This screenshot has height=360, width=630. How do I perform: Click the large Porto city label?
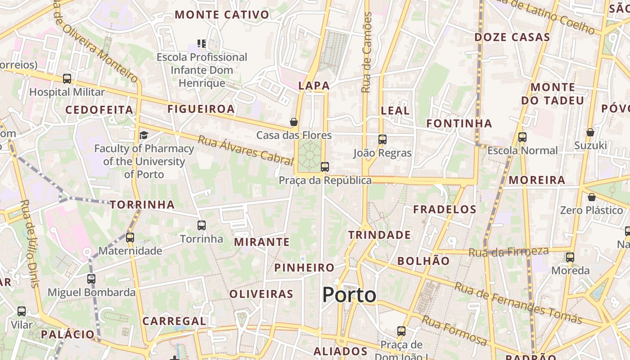pyautogui.click(x=349, y=295)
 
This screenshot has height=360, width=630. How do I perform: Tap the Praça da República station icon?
pyautogui.click(x=325, y=167)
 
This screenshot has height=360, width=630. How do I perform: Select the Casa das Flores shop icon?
pyautogui.click(x=294, y=122)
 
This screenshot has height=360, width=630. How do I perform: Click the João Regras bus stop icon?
pyautogui.click(x=382, y=139)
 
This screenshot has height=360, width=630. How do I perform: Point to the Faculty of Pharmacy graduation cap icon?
pyautogui.click(x=144, y=135)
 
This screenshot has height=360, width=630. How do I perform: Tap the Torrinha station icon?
pyautogui.click(x=202, y=225)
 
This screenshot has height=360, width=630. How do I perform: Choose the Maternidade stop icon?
pyautogui.click(x=130, y=237)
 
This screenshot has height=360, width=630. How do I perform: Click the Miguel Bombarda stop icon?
pyautogui.click(x=91, y=279)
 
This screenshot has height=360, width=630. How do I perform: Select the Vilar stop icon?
pyautogui.click(x=22, y=311)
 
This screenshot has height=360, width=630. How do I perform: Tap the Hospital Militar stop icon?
pyautogui.click(x=67, y=79)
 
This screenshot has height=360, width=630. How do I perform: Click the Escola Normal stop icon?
pyautogui.click(x=522, y=137)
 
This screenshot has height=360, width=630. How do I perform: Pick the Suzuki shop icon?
pyautogui.click(x=590, y=132)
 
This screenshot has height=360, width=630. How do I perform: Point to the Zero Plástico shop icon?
pyautogui.click(x=592, y=197)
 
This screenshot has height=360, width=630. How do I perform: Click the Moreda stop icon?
pyautogui.click(x=570, y=257)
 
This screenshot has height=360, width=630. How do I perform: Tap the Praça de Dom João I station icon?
pyautogui.click(x=401, y=331)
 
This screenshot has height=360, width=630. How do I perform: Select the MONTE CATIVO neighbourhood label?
pyautogui.click(x=222, y=15)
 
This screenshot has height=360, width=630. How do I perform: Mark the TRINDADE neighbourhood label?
pyautogui.click(x=379, y=235)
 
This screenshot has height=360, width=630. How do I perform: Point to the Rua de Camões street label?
pyautogui.click(x=367, y=53)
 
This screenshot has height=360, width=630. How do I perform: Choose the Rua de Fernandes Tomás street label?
pyautogui.click(x=518, y=303)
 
